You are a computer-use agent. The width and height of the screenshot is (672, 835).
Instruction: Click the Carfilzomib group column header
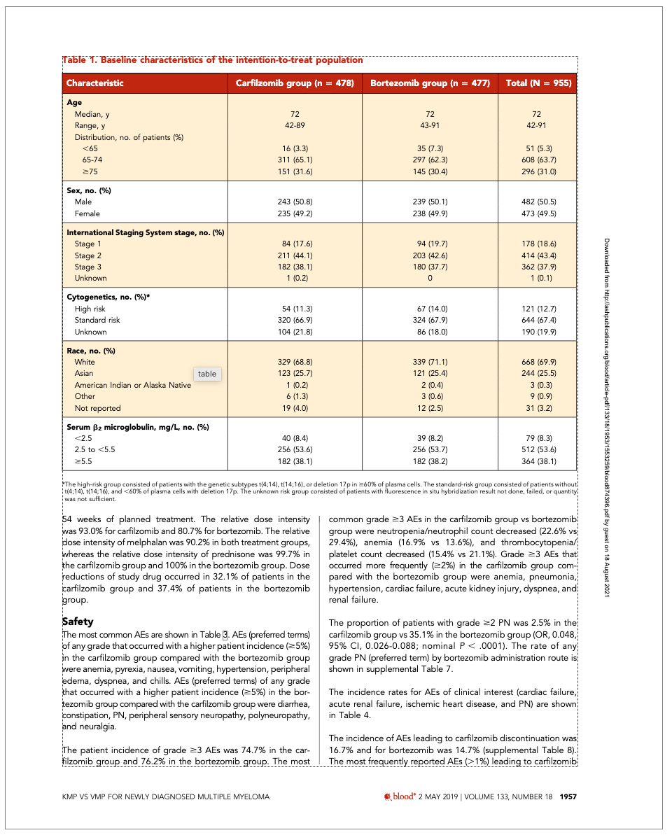295,83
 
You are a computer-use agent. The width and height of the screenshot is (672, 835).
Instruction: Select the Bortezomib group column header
429,83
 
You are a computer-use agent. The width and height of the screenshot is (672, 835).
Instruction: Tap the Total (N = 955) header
536,83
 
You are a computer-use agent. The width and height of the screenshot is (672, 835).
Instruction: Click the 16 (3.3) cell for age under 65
295,148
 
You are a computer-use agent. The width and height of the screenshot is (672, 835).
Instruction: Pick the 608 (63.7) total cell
536,160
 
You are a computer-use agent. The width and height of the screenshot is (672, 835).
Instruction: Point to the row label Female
87,213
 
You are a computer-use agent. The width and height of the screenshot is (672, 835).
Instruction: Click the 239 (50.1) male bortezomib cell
429,202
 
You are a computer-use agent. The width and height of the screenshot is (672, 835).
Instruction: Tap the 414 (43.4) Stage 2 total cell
536,255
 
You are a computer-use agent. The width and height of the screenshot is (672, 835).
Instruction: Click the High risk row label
91,309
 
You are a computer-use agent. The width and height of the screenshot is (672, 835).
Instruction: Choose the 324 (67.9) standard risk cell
429,320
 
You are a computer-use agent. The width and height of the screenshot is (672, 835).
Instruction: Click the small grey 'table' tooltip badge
207,374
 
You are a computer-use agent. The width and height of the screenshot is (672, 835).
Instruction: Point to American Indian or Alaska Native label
133,385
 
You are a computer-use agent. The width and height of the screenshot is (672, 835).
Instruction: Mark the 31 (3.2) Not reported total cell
536,408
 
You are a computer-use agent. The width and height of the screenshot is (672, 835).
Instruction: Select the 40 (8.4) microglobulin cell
295,438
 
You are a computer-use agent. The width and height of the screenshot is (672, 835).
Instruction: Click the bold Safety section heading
78,622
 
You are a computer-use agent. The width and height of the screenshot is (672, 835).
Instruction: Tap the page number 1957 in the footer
568,797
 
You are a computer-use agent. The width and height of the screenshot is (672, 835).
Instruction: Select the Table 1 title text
213,60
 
